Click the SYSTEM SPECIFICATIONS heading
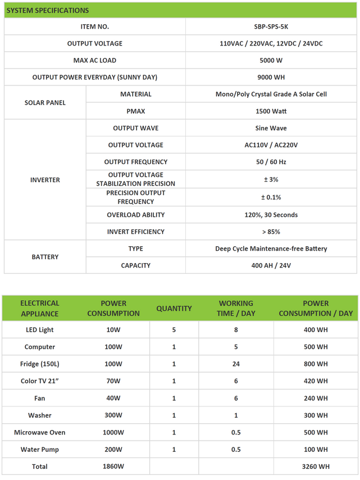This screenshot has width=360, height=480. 47,11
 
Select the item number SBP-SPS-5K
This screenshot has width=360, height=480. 271,26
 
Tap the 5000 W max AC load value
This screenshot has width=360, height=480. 271,60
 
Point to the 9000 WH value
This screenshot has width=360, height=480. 271,77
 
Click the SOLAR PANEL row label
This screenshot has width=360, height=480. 45,103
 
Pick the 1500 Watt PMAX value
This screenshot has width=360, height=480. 271,111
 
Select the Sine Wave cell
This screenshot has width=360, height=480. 271,128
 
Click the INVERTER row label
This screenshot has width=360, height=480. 45,180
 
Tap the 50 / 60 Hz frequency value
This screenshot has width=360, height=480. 271,162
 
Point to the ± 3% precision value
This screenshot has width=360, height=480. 271,179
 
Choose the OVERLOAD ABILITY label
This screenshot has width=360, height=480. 135,215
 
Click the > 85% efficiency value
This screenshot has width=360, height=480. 271,232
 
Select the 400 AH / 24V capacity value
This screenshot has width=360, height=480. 271,265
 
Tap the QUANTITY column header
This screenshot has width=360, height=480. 174,309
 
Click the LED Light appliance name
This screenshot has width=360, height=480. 40,330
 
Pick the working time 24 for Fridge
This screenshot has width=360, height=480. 236,364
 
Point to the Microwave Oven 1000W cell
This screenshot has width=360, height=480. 113,432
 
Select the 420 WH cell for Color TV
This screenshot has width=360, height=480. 316,381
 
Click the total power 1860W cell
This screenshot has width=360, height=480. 113,467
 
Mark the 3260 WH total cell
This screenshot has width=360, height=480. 316,467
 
